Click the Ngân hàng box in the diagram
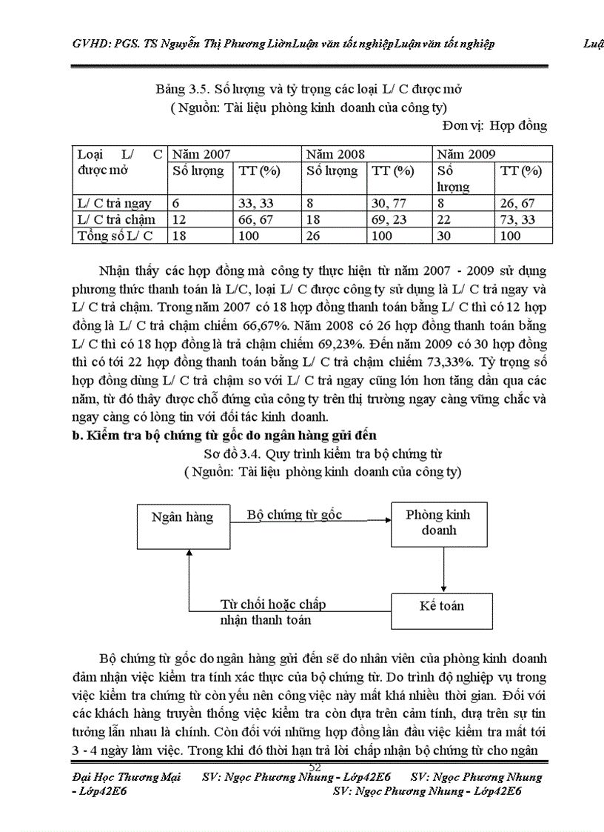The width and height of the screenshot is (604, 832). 181,517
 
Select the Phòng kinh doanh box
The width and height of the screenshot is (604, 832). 438,523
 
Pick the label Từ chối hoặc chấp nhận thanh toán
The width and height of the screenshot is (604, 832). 273,612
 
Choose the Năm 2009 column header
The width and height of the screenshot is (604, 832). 466,155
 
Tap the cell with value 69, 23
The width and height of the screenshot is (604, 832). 392,219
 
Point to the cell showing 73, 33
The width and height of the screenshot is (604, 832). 520,219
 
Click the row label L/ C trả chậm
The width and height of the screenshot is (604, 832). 116,219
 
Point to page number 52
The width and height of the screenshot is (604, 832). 315,766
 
